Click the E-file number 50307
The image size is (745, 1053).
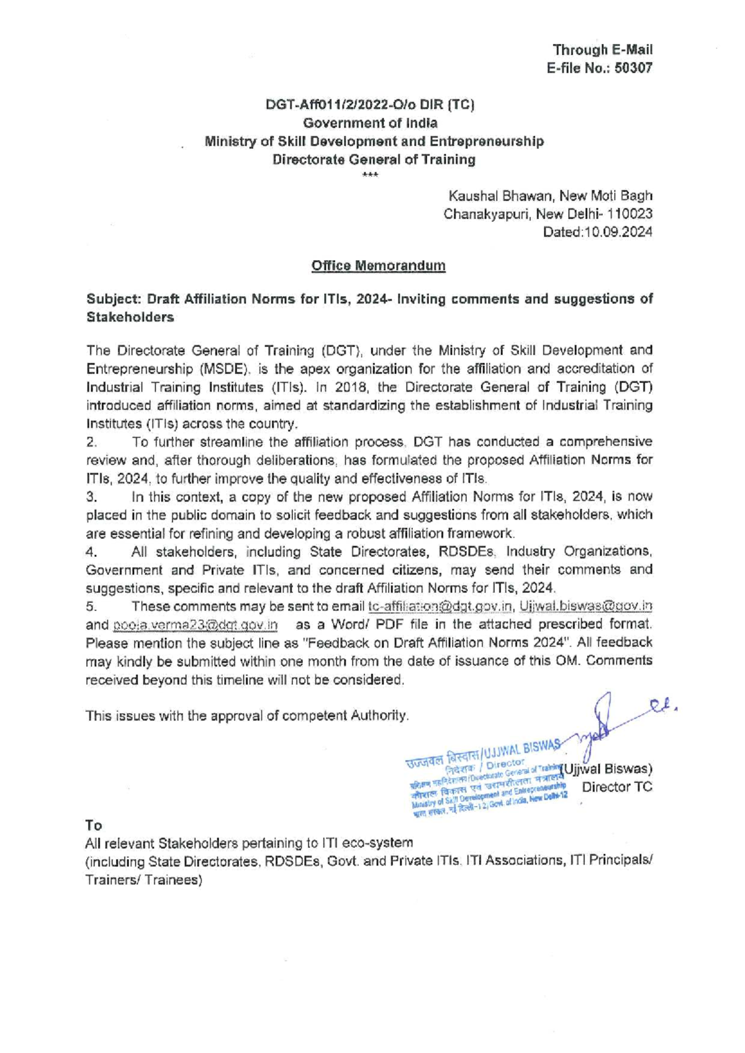tap(633, 68)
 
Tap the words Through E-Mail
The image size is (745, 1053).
tap(602, 50)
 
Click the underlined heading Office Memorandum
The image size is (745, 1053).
tap(378, 266)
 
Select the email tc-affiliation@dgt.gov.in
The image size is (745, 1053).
tap(441, 606)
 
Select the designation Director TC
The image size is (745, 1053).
tap(617, 787)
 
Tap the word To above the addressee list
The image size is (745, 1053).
tap(94, 825)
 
